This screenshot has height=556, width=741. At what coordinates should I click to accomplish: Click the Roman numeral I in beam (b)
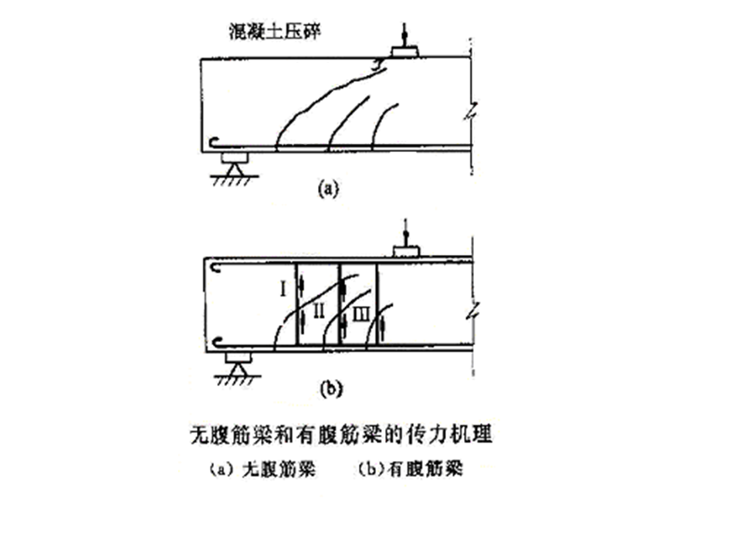(x=284, y=290)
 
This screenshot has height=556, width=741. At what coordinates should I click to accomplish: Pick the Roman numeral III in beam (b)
(x=360, y=314)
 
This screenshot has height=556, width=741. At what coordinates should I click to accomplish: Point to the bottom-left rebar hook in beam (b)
(x=217, y=342)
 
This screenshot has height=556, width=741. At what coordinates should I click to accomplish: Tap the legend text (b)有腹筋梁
(x=411, y=468)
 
